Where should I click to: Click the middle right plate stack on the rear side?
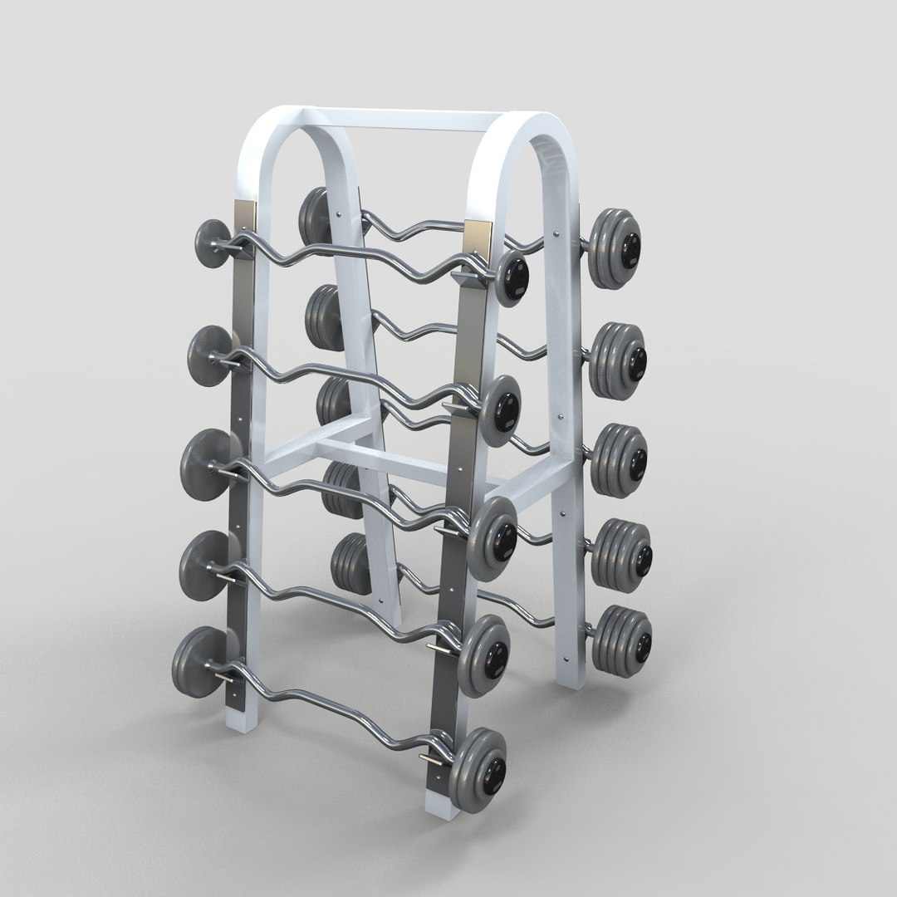[x=620, y=453]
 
